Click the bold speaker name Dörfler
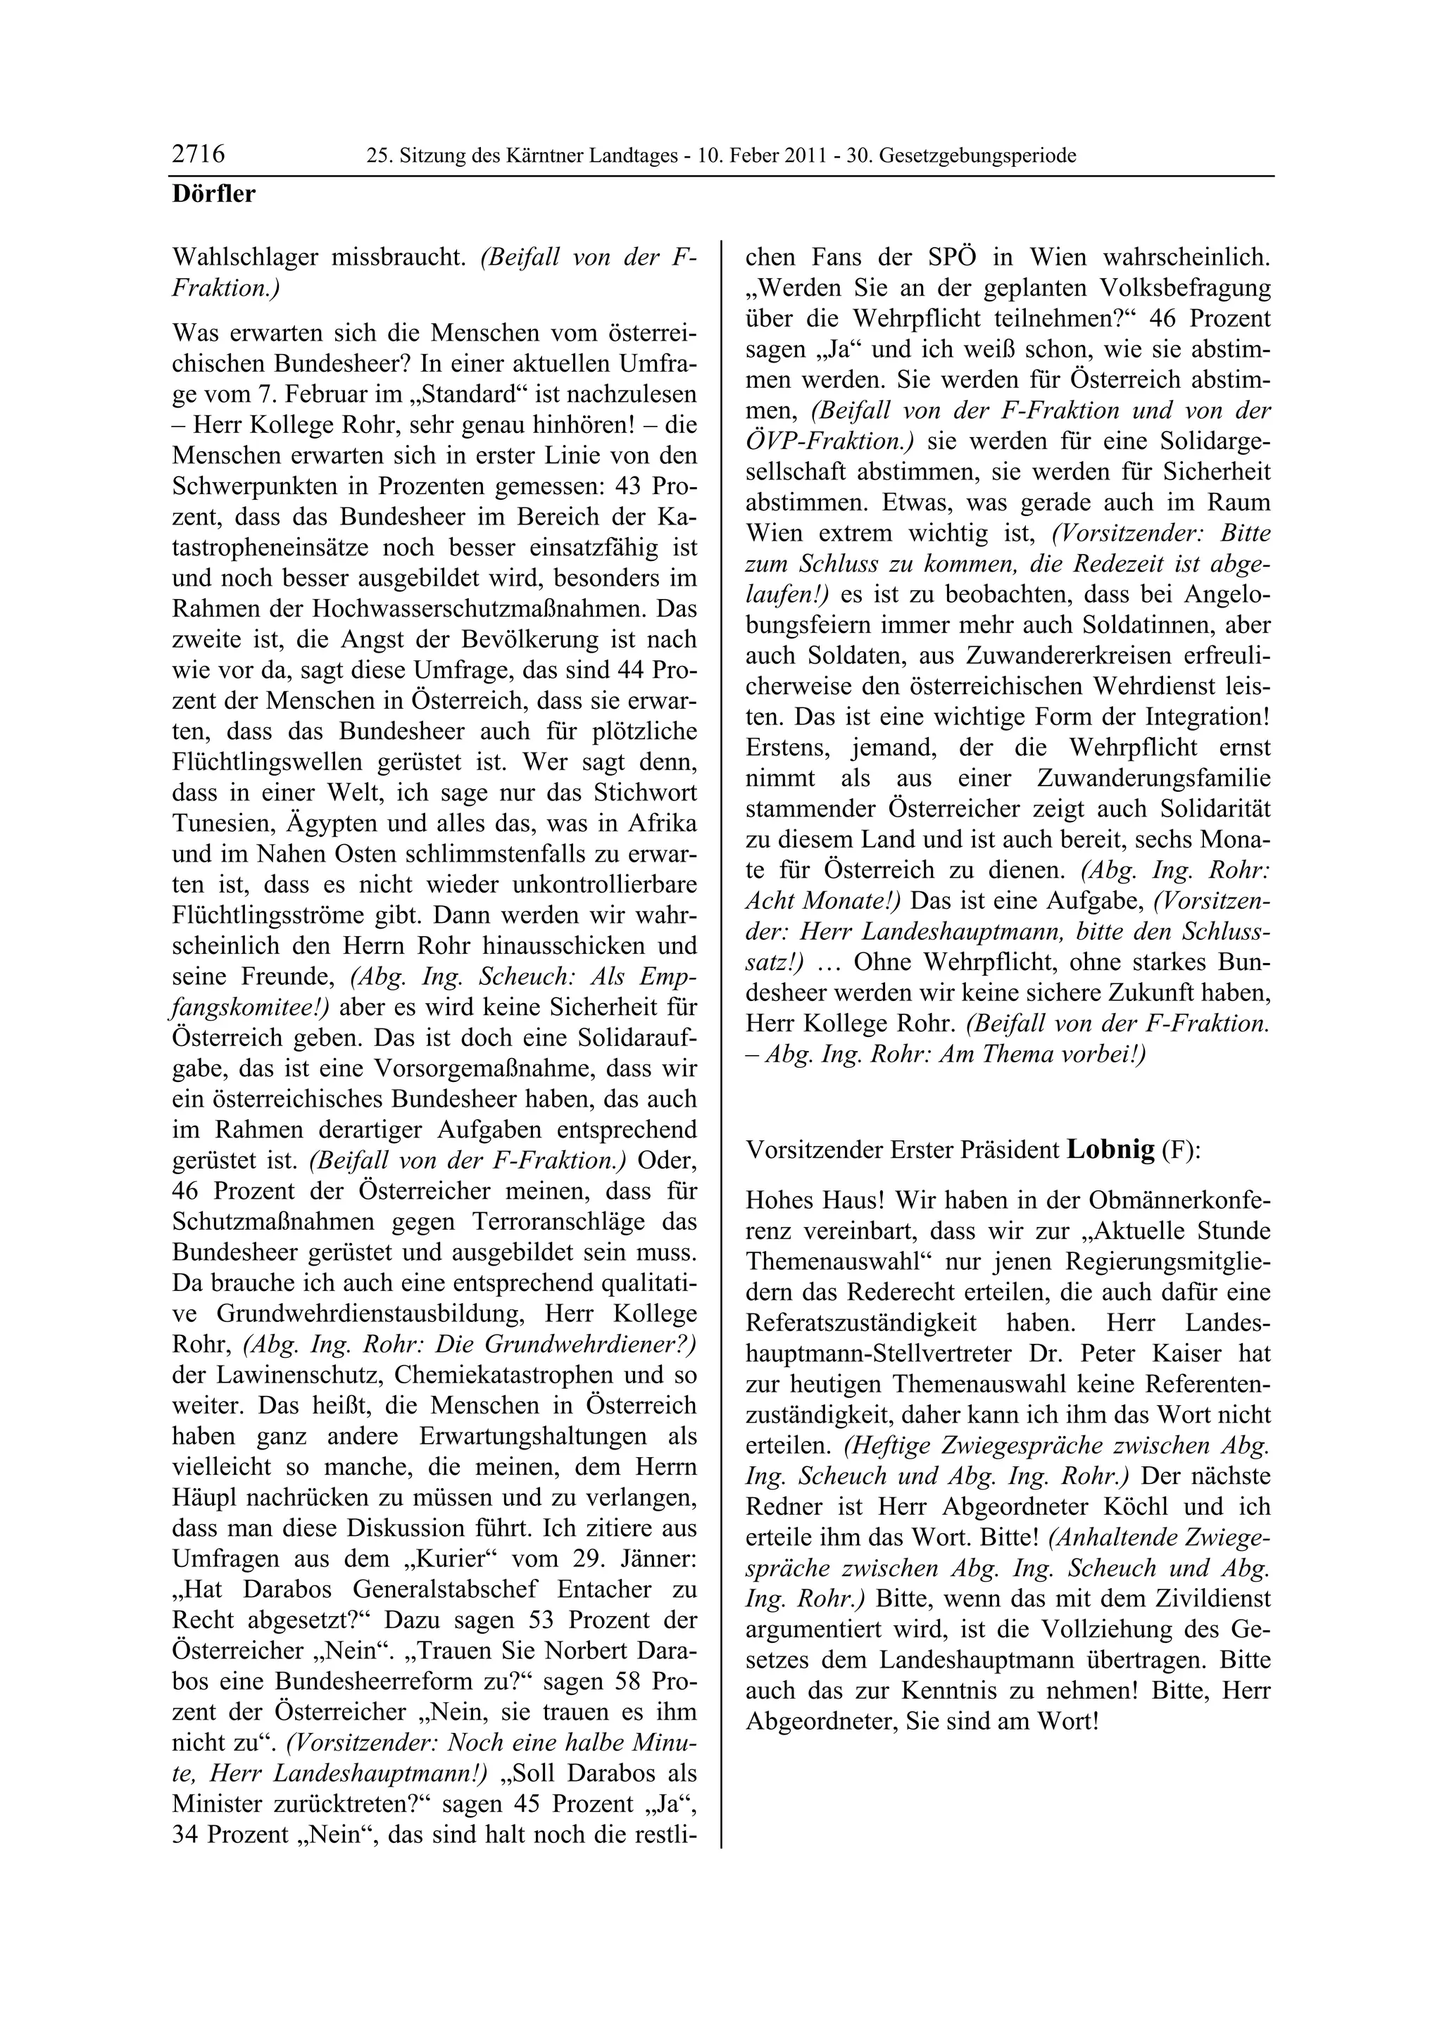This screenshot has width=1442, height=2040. [213, 194]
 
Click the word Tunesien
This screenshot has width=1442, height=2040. [221, 824]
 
